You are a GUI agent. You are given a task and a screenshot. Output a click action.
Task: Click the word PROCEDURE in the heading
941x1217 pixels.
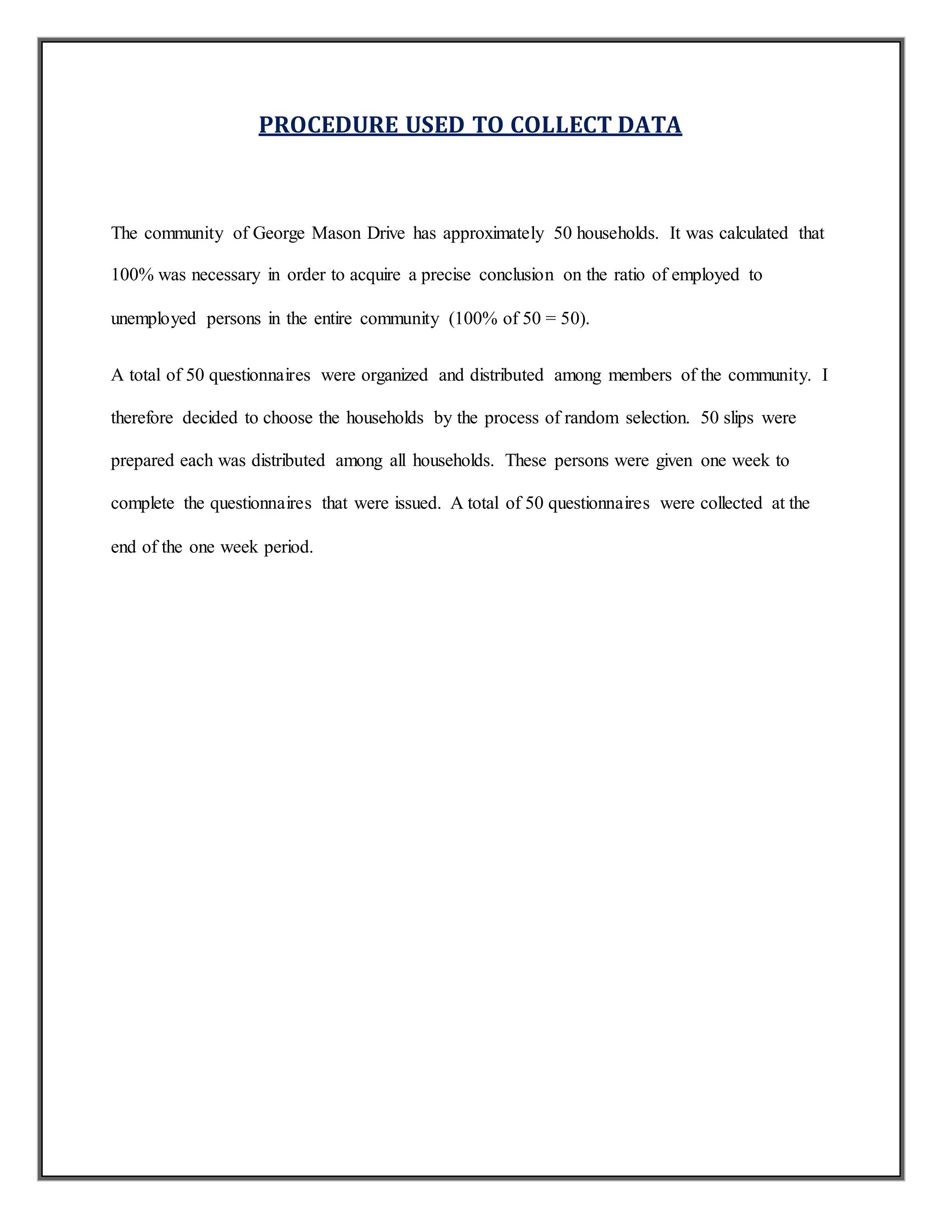(x=329, y=125)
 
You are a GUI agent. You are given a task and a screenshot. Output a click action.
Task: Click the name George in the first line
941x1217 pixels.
(x=279, y=233)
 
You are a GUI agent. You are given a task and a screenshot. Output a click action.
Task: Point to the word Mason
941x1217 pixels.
(x=336, y=233)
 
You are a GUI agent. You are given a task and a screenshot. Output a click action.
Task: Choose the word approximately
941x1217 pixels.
(x=493, y=233)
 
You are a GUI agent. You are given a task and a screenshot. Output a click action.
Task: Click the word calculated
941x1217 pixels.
(x=753, y=233)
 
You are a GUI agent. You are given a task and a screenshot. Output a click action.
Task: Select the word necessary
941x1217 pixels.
(x=226, y=275)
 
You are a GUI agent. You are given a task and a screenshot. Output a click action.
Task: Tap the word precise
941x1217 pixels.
(x=445, y=275)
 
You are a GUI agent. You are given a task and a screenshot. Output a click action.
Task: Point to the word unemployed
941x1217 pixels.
(x=153, y=319)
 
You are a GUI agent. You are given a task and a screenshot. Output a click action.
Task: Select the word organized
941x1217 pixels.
(x=395, y=375)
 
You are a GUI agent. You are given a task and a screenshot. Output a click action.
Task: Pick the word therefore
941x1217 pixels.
(x=142, y=418)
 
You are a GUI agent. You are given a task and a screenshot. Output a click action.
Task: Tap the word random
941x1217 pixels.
(x=591, y=418)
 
